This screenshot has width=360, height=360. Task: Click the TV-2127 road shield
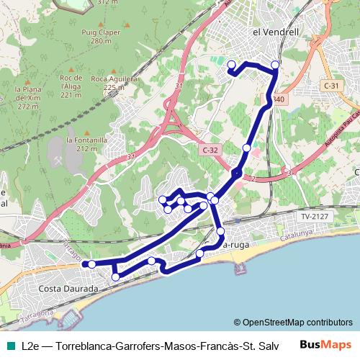(315, 215)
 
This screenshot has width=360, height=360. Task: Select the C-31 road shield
(330, 86)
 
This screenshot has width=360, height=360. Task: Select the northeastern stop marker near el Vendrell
(275, 66)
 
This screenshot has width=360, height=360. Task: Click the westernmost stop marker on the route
(91, 264)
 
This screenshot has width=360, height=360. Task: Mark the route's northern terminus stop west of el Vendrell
(232, 66)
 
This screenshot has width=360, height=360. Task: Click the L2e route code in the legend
(30, 346)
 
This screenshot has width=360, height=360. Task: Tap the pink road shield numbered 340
(278, 99)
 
